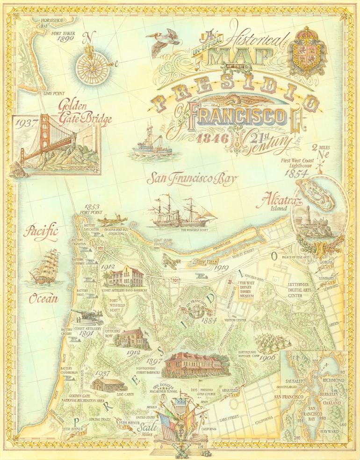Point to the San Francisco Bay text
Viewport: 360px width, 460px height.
[192, 179]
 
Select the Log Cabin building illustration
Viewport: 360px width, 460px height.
[108, 384]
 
